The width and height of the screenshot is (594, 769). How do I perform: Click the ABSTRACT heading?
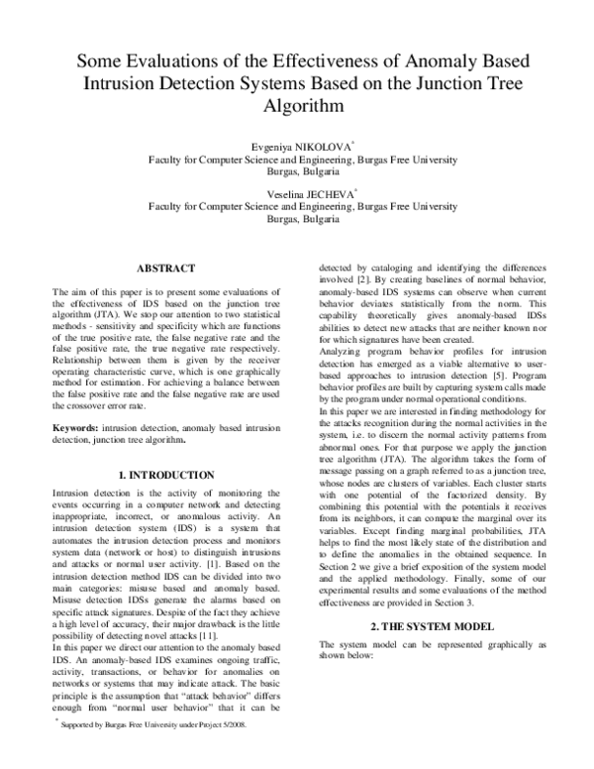pos(165,269)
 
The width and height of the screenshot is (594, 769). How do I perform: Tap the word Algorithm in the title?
pos(296,104)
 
